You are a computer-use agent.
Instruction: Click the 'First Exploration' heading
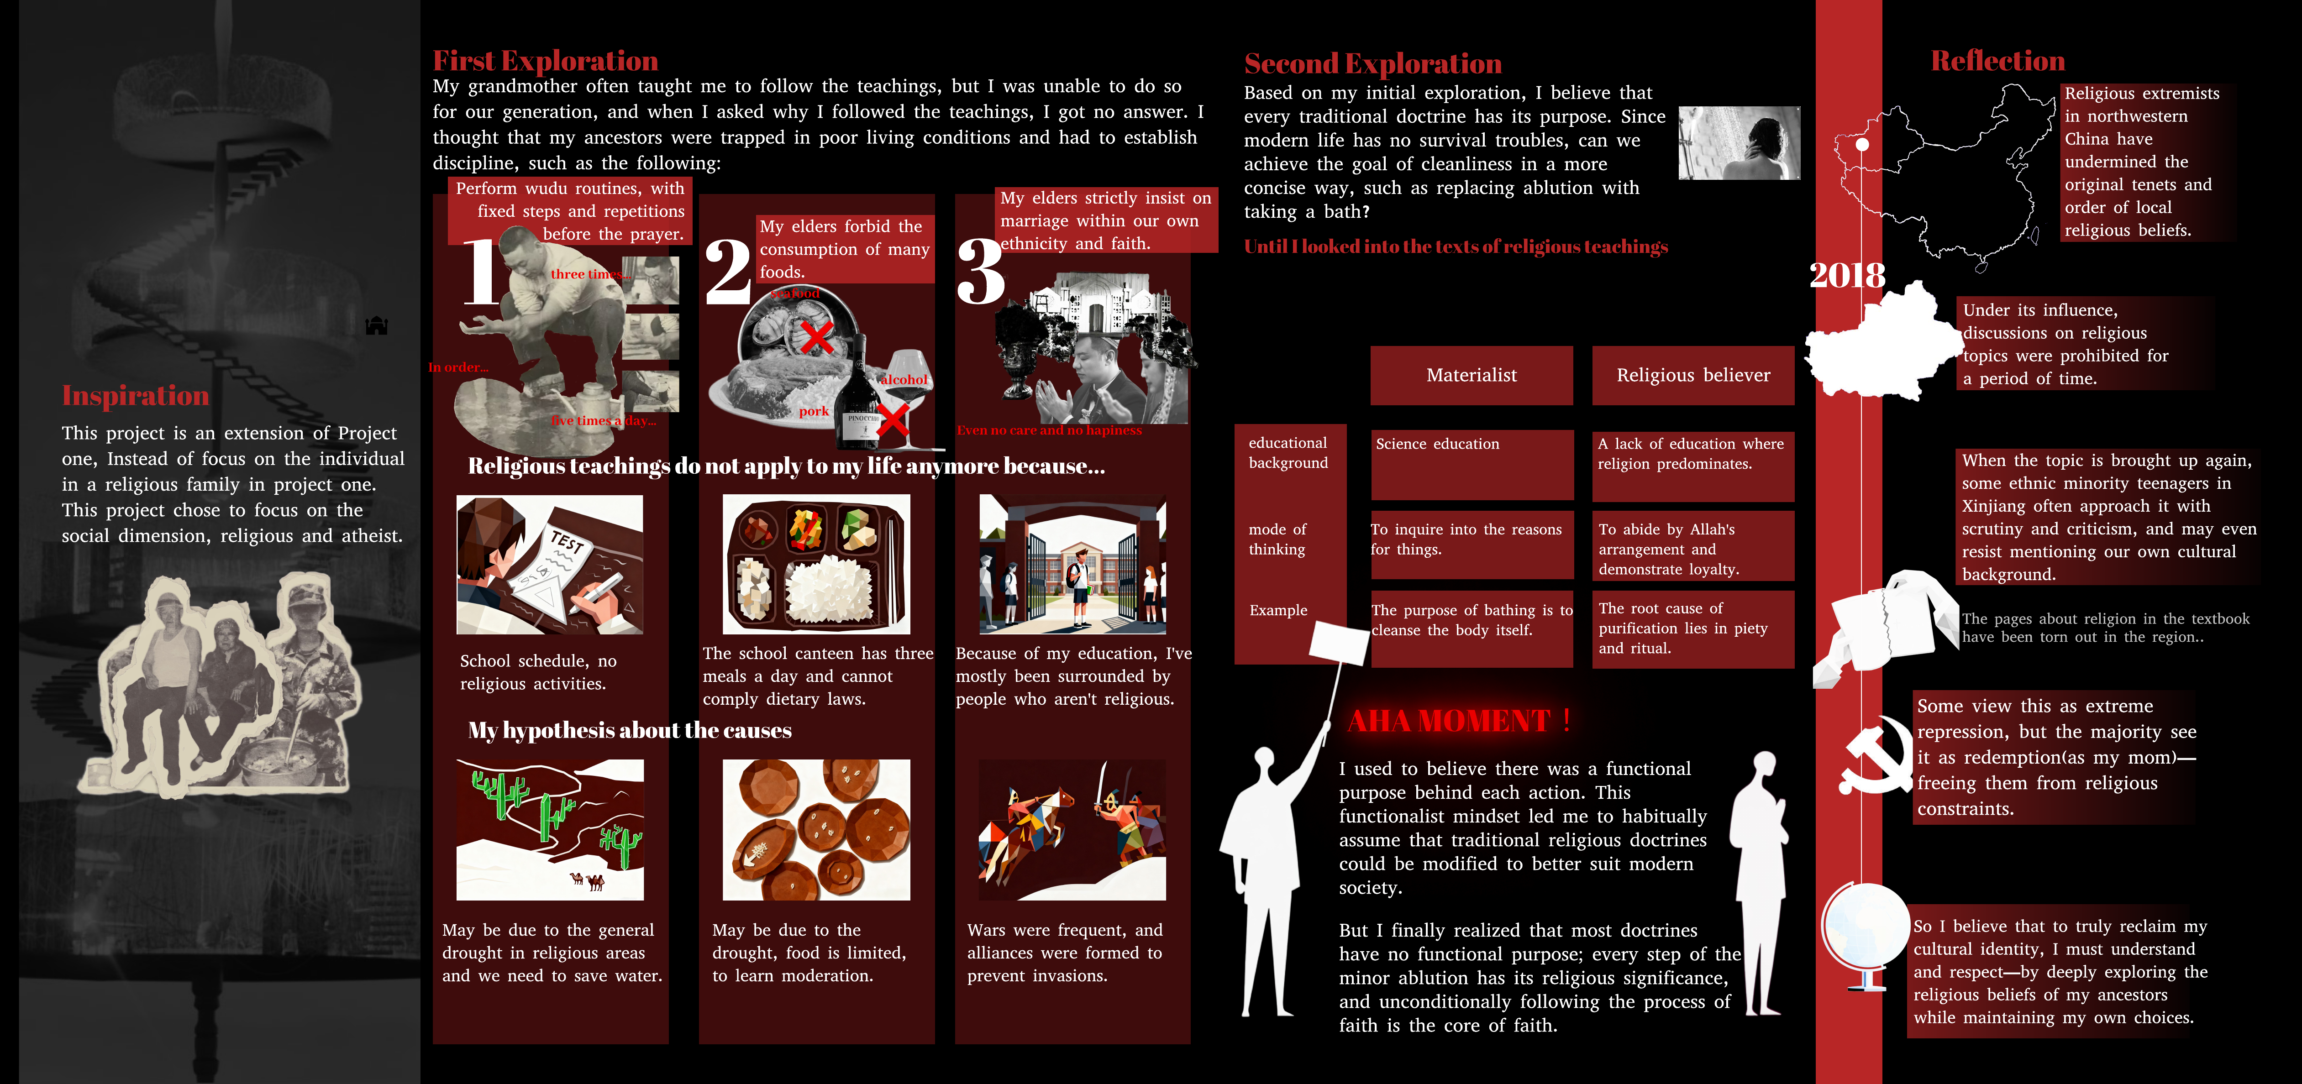pyautogui.click(x=545, y=61)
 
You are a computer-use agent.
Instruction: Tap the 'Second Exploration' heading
pyautogui.click(x=1372, y=63)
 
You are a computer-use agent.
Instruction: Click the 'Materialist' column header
pyautogui.click(x=1471, y=375)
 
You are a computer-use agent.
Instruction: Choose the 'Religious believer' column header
pyautogui.click(x=1692, y=375)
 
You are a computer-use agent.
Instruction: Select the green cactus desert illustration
pyautogui.click(x=550, y=829)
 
